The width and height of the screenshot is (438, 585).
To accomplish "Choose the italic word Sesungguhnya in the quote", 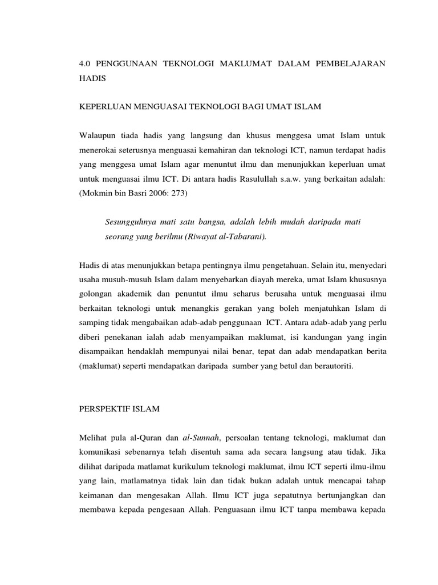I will (x=135, y=221).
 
